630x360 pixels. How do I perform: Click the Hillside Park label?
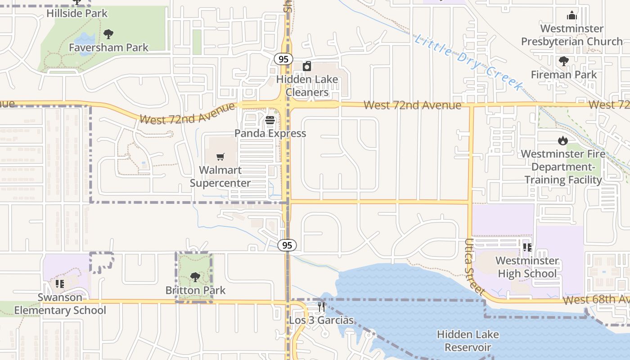click(77, 13)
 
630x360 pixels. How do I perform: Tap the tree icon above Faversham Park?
click(108, 34)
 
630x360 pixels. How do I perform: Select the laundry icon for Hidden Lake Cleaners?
click(307, 67)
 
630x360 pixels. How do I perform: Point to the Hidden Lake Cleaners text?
click(307, 86)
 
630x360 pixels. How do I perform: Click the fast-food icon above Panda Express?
click(270, 120)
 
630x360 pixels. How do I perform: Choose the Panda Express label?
click(270, 133)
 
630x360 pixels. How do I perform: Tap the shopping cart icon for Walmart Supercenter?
click(220, 157)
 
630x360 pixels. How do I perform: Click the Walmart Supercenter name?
click(220, 176)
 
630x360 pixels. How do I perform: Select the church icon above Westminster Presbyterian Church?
click(572, 16)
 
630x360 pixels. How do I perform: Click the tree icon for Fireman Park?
click(563, 61)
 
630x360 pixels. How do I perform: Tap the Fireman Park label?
click(563, 74)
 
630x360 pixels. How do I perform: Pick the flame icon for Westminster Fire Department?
click(562, 141)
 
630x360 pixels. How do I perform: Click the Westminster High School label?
click(527, 267)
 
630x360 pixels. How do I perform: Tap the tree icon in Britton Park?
click(195, 277)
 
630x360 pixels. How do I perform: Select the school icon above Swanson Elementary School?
click(60, 284)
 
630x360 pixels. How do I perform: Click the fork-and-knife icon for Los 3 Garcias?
click(321, 307)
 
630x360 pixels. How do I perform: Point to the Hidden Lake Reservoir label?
click(468, 341)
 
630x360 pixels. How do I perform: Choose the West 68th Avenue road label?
click(596, 300)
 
